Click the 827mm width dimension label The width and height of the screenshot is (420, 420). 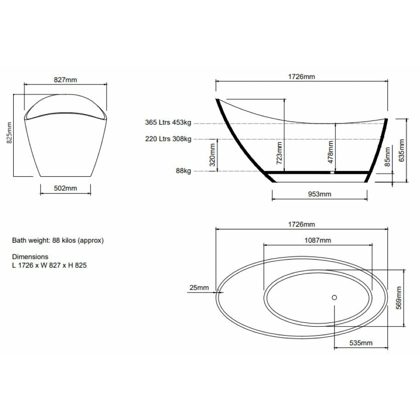tap(65, 80)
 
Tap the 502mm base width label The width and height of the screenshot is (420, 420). tap(65, 188)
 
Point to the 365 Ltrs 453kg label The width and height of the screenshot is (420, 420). tap(168, 123)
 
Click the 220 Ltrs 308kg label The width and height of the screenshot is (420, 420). tap(168, 138)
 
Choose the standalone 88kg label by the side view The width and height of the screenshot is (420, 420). tap(183, 171)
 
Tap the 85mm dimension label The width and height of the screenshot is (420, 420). tap(387, 156)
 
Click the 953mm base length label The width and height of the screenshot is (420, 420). tap(319, 194)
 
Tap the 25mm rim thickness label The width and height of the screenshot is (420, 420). tap(199, 288)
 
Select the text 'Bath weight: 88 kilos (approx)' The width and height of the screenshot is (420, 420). tap(58, 240)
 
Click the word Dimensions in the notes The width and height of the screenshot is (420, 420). tap(30, 257)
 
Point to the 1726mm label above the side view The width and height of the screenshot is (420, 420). tap(301, 77)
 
